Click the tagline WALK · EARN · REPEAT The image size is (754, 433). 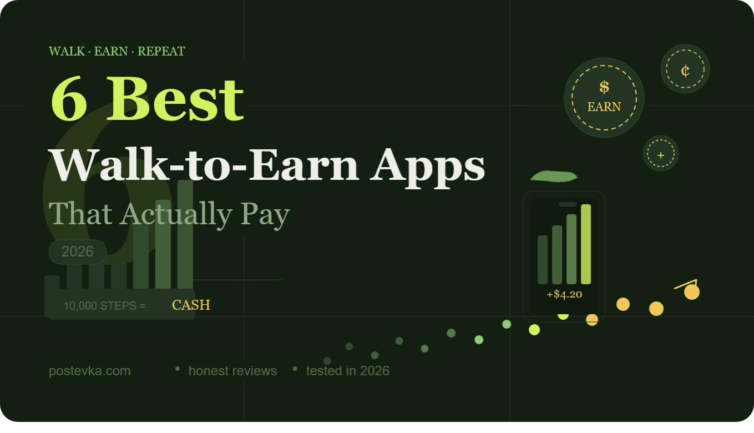[x=117, y=52]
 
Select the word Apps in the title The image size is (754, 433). [x=428, y=165]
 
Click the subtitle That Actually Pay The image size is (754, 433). [x=169, y=214]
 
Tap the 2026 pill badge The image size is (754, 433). [x=78, y=251]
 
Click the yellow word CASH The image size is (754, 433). [x=191, y=305]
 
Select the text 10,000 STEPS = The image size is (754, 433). [x=105, y=305]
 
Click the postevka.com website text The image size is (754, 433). [x=90, y=371]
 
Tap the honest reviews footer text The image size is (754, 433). [x=232, y=371]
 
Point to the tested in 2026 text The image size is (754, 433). [x=348, y=371]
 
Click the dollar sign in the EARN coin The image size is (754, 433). [x=604, y=87]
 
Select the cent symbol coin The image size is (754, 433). [x=685, y=69]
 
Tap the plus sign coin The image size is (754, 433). [x=660, y=154]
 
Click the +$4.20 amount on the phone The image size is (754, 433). [x=564, y=294]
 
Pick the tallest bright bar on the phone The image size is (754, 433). [x=586, y=244]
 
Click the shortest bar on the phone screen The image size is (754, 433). [x=543, y=260]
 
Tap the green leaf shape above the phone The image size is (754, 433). [x=554, y=177]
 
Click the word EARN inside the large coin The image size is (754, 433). [x=604, y=107]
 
